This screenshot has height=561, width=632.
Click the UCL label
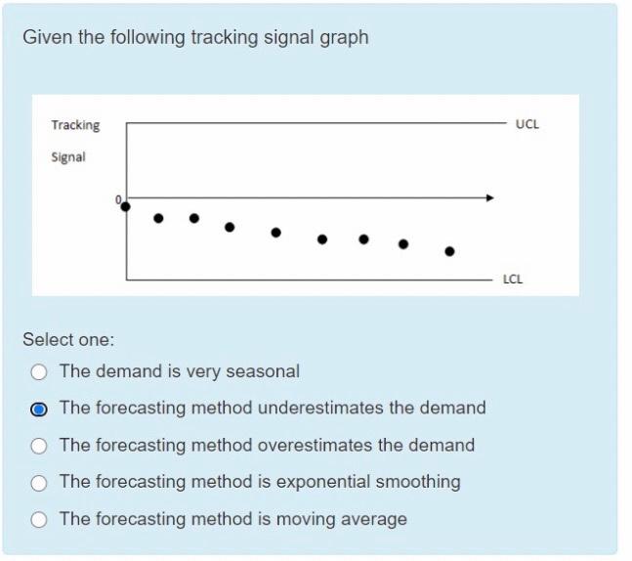point(527,125)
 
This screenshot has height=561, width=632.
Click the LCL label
point(513,280)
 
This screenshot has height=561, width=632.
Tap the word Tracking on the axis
point(75,125)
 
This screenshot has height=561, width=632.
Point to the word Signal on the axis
point(68,156)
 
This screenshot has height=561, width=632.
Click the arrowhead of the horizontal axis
point(490,197)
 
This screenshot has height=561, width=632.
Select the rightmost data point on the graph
point(449,251)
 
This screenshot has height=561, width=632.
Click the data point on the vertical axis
point(125,205)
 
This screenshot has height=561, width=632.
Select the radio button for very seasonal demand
point(39,371)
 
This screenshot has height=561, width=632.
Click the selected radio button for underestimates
point(39,409)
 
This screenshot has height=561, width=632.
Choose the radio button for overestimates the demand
point(39,446)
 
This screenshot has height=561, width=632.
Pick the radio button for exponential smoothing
point(39,483)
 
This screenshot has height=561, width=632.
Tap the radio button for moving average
point(39,520)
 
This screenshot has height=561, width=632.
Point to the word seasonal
point(263,371)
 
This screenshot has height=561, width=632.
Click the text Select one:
point(68,340)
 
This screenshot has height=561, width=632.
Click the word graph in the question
point(345,37)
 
